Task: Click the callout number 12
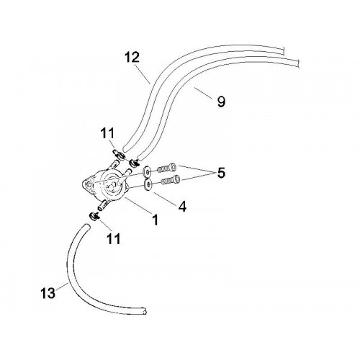pos(132,58)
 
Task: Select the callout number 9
pos(221,102)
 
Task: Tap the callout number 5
pos(221,173)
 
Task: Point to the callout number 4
pos(182,207)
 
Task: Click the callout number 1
pos(156,220)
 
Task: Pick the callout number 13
pos(48,293)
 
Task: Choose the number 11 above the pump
pos(107,133)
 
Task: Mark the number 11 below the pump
pos(113,238)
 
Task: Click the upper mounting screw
pos(167,167)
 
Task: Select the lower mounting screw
pos(171,180)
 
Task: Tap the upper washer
pos(146,171)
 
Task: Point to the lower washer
pos(148,185)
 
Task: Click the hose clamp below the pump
pos(95,216)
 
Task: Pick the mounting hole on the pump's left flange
pos(89,184)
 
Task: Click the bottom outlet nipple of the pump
pos(102,205)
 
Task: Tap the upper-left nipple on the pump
pos(114,165)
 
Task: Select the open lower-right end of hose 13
pos(145,311)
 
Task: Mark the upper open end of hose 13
pos(86,226)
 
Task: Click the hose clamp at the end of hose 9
pos(134,163)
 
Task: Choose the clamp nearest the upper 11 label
pos(119,154)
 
